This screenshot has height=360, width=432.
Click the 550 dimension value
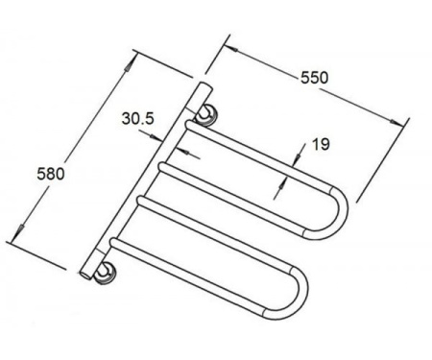point(314,78)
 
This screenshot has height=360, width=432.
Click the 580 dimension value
point(51,174)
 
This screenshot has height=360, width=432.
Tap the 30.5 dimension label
point(137,119)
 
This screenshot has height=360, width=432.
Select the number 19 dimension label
point(321,144)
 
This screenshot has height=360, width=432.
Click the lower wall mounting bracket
point(105,273)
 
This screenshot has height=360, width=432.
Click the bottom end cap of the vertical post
point(85,275)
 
